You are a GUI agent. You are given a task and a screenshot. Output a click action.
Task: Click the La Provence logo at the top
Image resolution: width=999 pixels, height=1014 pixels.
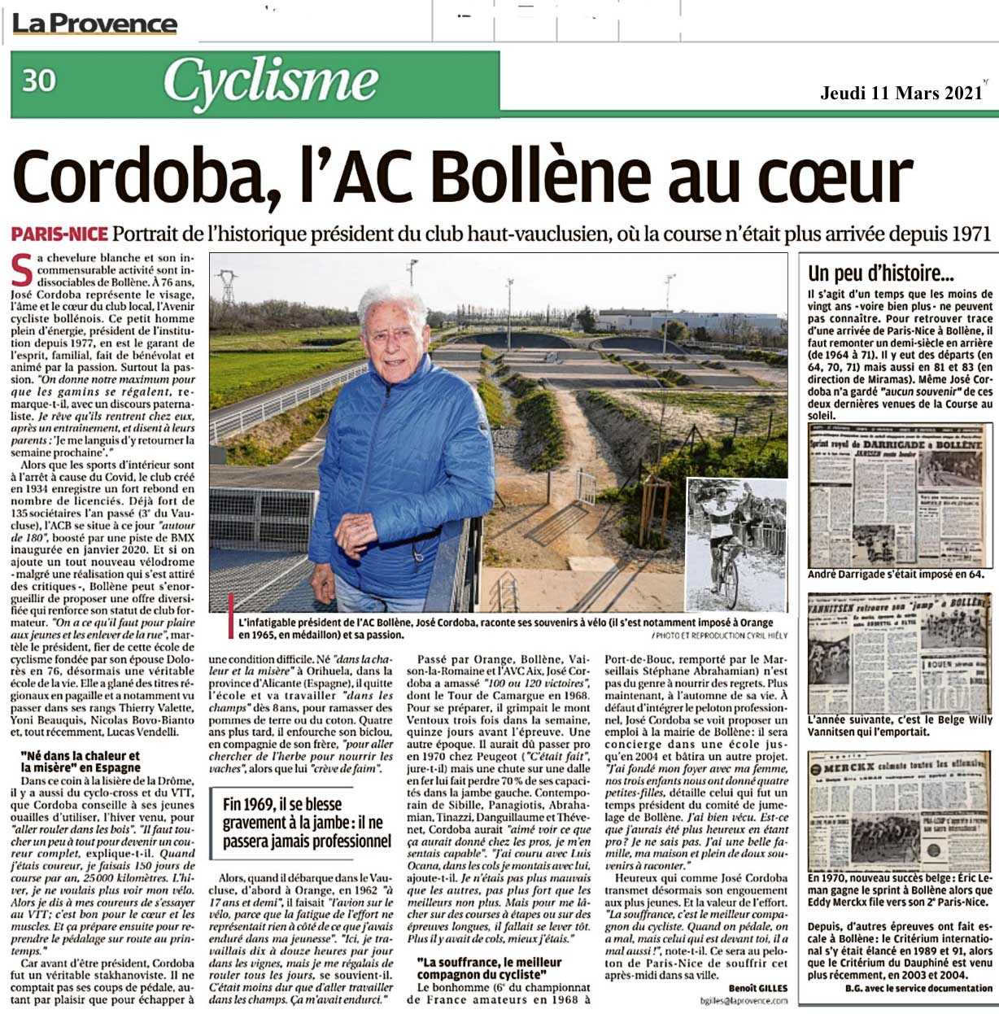(94, 24)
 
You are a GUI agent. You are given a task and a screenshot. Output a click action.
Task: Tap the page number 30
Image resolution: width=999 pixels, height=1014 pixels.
(39, 81)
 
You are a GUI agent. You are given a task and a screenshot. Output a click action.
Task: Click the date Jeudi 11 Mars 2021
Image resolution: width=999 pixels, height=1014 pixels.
(901, 93)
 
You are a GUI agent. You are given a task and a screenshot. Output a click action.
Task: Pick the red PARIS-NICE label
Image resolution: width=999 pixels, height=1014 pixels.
(59, 234)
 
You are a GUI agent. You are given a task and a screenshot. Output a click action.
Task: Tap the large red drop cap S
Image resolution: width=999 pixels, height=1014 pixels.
(23, 271)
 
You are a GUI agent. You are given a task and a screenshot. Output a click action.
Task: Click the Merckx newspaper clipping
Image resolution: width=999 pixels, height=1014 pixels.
(900, 811)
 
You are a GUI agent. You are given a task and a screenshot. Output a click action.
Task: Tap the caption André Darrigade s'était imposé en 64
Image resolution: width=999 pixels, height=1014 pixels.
(895, 575)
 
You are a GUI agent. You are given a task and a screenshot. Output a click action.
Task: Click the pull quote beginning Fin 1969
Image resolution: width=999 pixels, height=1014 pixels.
(307, 822)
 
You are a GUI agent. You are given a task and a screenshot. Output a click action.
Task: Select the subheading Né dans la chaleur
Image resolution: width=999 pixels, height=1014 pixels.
(81, 761)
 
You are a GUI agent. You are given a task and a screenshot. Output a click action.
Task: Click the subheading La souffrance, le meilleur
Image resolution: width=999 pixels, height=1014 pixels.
(489, 968)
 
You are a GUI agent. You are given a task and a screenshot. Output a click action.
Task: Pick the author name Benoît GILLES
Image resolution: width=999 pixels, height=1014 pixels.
(757, 988)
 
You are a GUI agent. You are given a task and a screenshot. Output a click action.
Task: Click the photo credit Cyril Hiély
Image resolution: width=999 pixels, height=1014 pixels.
(719, 635)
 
